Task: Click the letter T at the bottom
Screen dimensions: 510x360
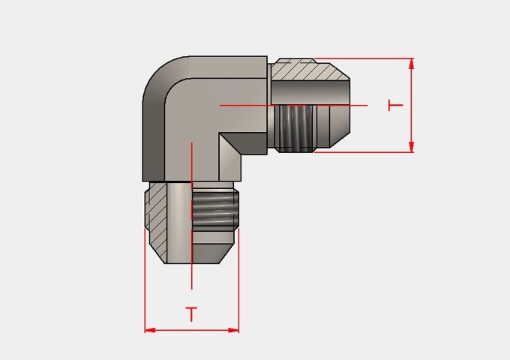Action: [x=191, y=314]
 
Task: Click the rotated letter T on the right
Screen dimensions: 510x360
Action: [x=395, y=105]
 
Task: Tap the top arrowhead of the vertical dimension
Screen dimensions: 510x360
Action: [x=412, y=64]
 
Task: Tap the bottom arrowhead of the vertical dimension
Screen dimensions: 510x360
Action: [x=412, y=147]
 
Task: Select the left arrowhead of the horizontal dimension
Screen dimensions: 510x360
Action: [x=150, y=331]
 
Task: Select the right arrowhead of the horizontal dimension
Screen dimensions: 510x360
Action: [x=233, y=331]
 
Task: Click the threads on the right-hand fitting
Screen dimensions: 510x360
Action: [x=295, y=128]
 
